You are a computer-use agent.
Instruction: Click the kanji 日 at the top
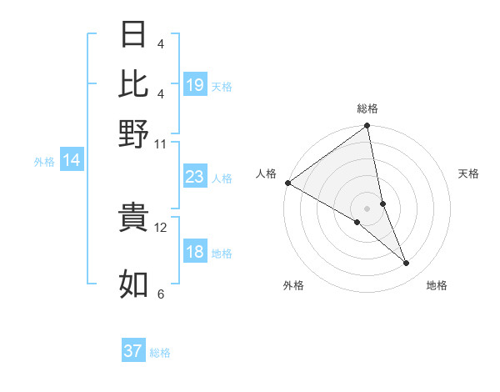coord(133,35)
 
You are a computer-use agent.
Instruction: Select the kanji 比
coord(133,83)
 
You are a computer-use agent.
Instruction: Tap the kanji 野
coord(133,133)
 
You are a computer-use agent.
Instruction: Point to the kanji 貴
coord(133,217)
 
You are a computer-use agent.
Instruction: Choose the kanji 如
coord(133,284)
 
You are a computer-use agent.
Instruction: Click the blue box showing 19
coord(195,84)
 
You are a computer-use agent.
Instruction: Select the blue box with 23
coord(195,177)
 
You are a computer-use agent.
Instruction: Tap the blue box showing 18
coord(195,252)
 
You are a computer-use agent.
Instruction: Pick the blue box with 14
coord(72,160)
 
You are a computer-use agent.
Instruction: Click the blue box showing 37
coord(133,351)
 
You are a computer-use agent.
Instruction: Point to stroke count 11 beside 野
coord(161,143)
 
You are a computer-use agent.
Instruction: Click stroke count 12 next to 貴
coord(161,227)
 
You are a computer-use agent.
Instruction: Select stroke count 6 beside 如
coord(161,294)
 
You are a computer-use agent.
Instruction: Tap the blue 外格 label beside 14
coord(44,161)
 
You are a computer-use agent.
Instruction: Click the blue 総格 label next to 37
coord(160,353)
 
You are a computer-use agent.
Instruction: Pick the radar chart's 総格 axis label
coord(367,108)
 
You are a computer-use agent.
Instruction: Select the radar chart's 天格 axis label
coord(468,173)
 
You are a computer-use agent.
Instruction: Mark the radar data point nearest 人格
coord(287,183)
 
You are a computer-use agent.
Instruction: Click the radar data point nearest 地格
coord(407,264)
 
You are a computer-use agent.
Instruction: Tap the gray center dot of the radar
coord(367,208)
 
